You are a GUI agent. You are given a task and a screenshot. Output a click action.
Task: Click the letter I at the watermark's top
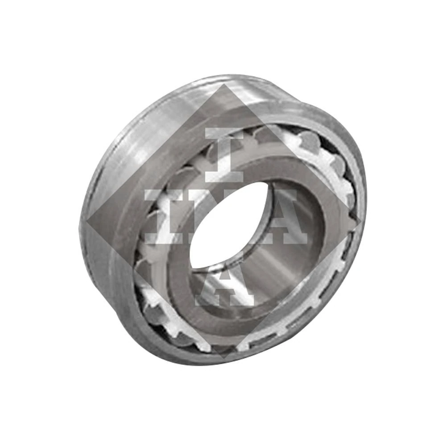[224, 155]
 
